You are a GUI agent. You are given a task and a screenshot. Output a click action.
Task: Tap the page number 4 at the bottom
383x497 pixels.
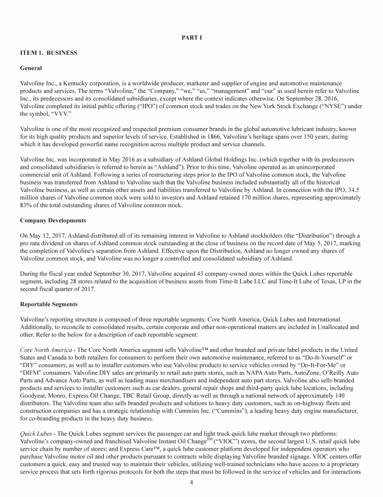[191, 482]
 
